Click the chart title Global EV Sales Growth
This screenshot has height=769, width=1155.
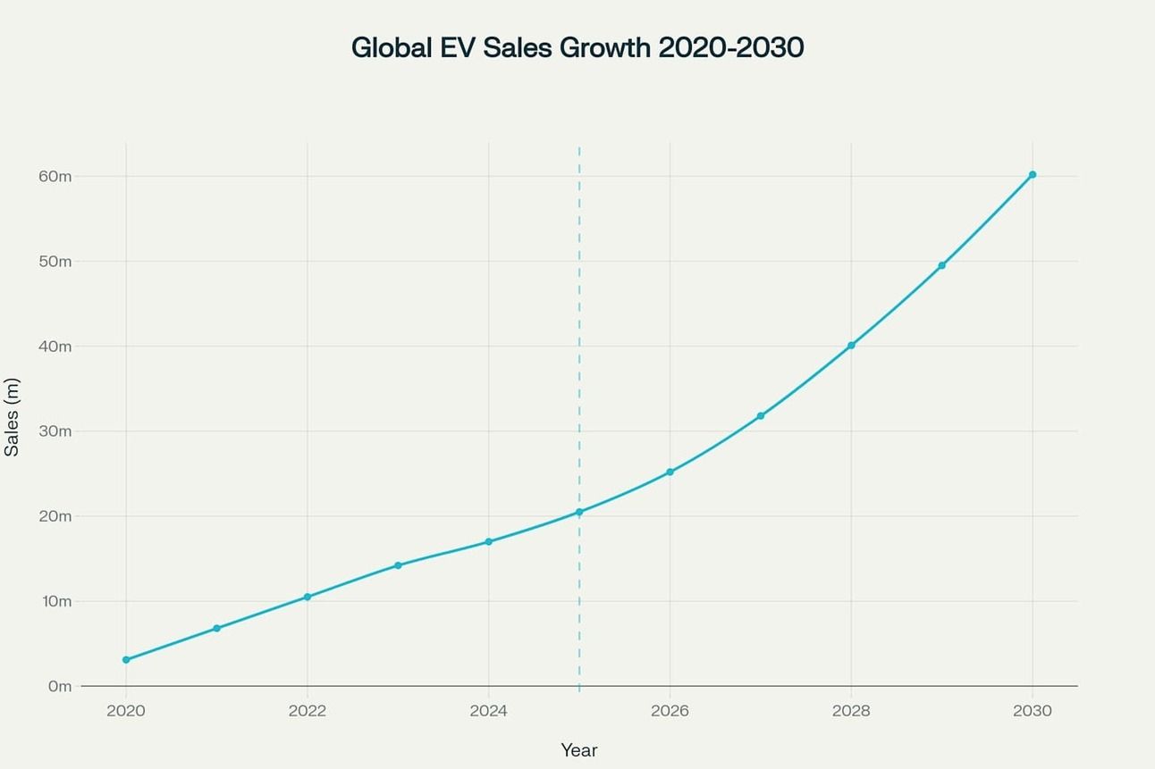pyautogui.click(x=577, y=47)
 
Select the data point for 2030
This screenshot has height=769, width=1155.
pyautogui.click(x=1032, y=175)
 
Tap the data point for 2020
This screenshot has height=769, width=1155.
pyautogui.click(x=126, y=660)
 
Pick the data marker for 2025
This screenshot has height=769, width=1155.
pyautogui.click(x=579, y=512)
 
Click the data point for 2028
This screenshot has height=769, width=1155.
pyautogui.click(x=851, y=345)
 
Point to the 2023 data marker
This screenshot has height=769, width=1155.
pyautogui.click(x=398, y=565)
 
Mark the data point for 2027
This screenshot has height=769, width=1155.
pyautogui.click(x=760, y=416)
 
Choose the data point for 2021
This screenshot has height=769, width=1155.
pyautogui.click(x=216, y=629)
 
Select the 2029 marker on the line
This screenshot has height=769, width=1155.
pyautogui.click(x=941, y=265)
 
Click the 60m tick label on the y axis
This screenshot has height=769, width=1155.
pyautogui.click(x=55, y=176)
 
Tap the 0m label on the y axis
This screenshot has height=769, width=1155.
pyautogui.click(x=59, y=686)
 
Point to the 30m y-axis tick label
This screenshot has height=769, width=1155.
pyautogui.click(x=55, y=430)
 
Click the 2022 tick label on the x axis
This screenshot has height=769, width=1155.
pyautogui.click(x=307, y=711)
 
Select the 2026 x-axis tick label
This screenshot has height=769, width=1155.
pyautogui.click(x=670, y=711)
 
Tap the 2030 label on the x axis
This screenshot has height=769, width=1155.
pyautogui.click(x=1032, y=711)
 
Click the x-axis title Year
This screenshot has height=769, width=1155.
pyautogui.click(x=578, y=750)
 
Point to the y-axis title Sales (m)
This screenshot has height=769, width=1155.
pyautogui.click(x=12, y=417)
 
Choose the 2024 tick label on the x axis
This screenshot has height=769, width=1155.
pyautogui.click(x=488, y=711)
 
